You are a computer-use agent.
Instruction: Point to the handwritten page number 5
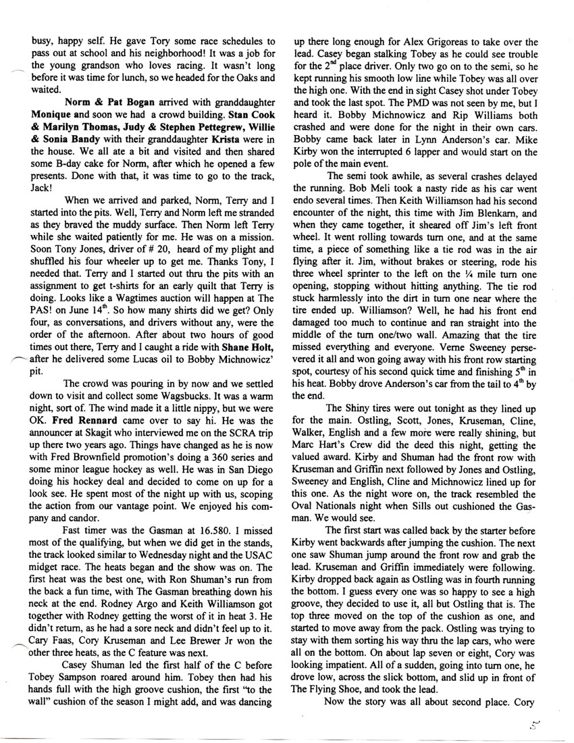[536, 726]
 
